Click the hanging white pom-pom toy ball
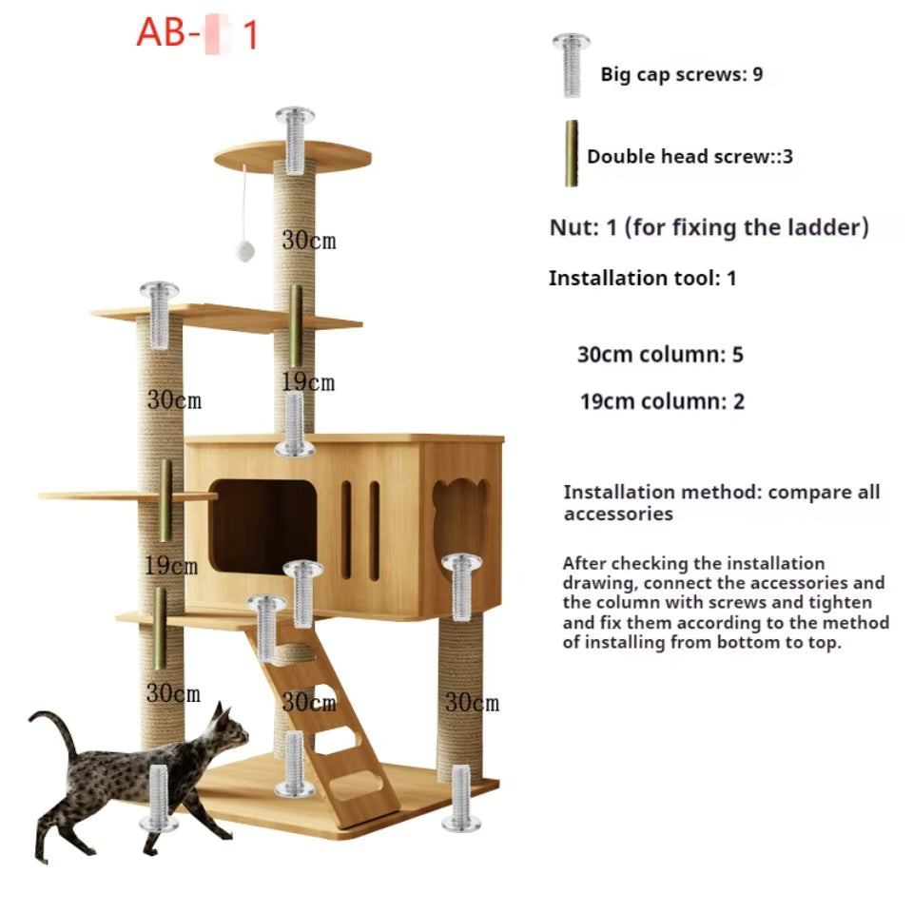pos(244,251)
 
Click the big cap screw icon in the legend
pos(572,66)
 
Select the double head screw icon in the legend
pos(572,154)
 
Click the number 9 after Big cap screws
pos(758,74)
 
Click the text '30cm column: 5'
pos(660,355)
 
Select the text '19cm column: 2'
pos(662,401)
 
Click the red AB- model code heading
pos(197,33)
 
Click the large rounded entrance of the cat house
pos(263,527)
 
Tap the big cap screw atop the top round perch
pos(295,140)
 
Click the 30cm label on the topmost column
pos(308,241)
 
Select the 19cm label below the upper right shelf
pos(308,382)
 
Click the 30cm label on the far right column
pos(473,702)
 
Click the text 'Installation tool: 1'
pos(642,279)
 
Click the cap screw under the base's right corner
pos(462,798)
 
